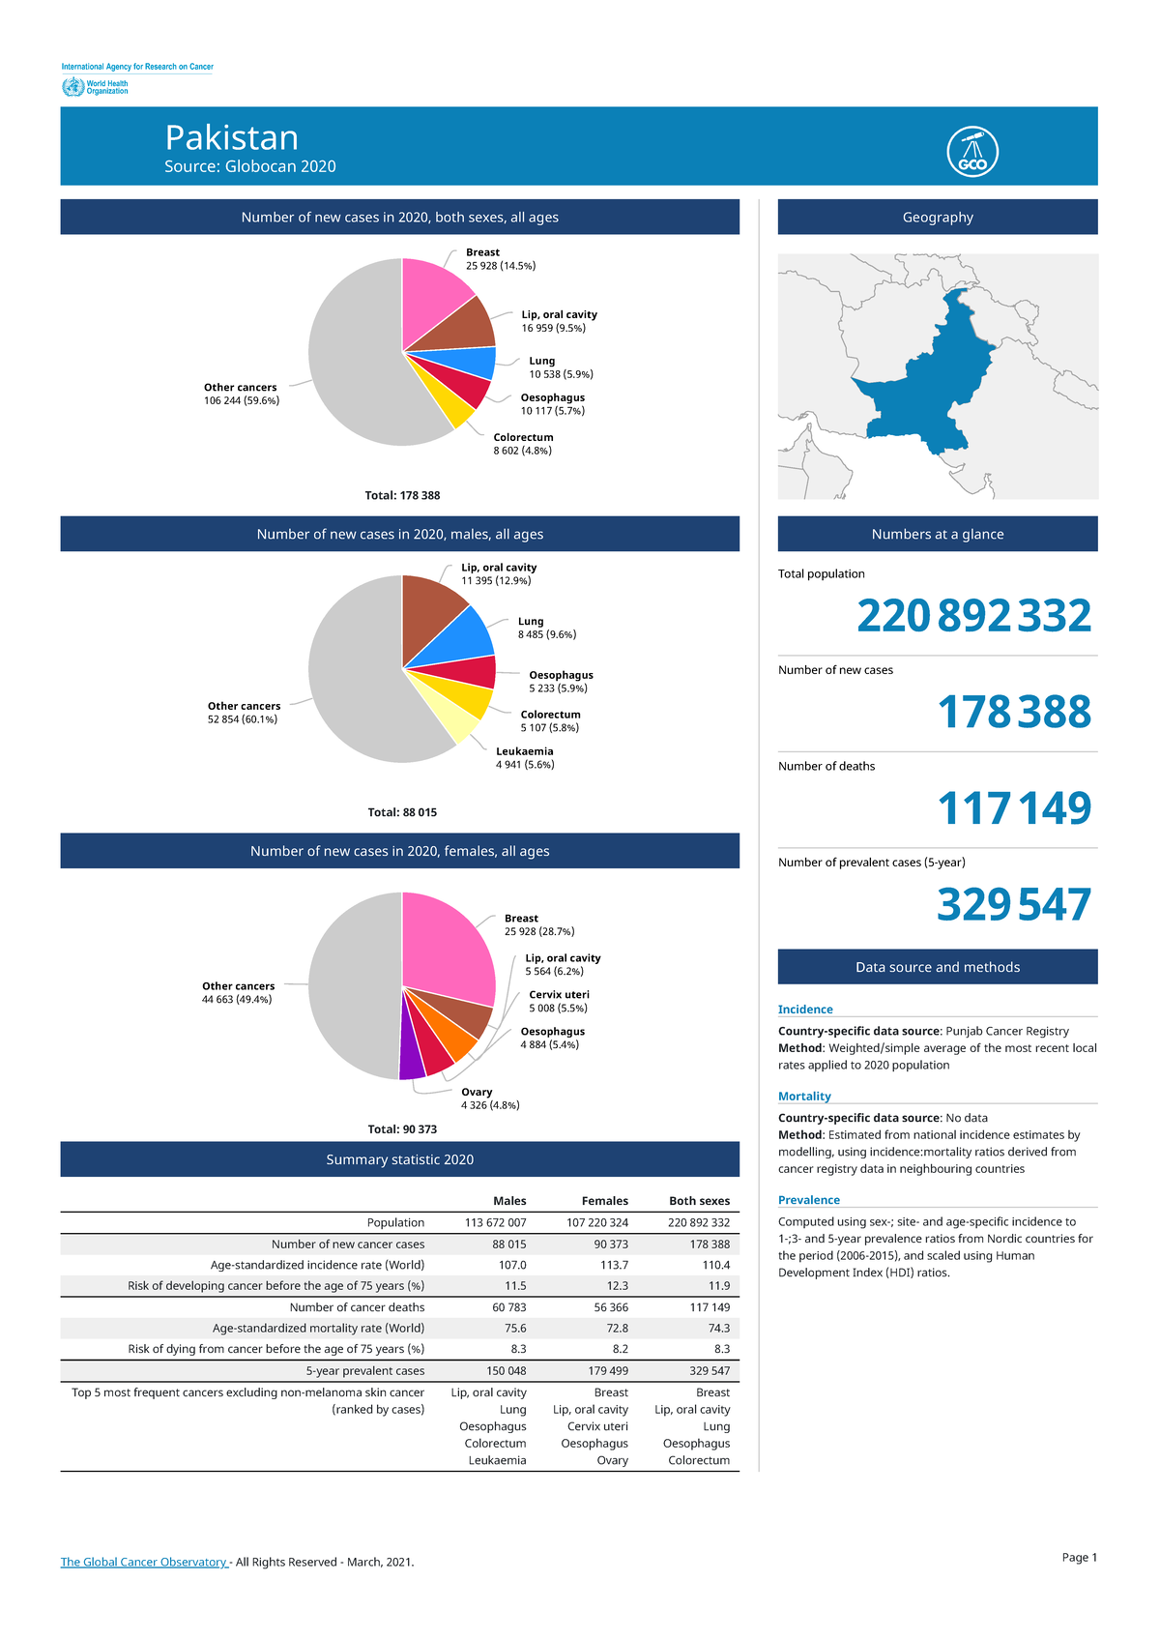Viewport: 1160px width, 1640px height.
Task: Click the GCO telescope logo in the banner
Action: pos(972,152)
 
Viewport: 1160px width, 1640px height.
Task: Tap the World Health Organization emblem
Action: pos(72,87)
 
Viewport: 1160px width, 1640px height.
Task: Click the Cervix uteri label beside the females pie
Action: pos(559,995)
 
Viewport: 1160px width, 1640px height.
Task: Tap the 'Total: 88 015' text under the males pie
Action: pos(402,812)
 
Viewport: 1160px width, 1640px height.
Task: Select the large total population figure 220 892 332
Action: pos(973,616)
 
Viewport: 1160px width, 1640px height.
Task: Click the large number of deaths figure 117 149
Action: pos(1014,808)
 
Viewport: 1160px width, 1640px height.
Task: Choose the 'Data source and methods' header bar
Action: pos(937,967)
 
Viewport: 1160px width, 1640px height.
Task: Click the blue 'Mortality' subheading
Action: pos(804,1097)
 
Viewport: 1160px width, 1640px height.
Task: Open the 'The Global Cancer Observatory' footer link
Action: pos(144,1562)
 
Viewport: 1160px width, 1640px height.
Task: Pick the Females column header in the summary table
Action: pos(604,1201)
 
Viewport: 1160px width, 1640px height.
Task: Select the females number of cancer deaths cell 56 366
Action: pos(610,1307)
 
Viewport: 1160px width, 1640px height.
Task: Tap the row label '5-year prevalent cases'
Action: pos(365,1371)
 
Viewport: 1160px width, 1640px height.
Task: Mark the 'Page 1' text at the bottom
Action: pos(1079,1557)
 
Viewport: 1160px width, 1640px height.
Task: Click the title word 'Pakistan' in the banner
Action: pos(232,137)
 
